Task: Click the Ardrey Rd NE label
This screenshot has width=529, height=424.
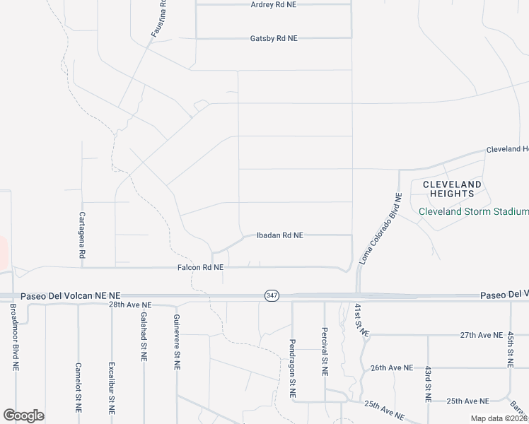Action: (x=274, y=5)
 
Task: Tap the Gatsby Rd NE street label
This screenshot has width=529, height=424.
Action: (x=274, y=39)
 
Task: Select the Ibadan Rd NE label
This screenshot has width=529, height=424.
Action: (x=279, y=235)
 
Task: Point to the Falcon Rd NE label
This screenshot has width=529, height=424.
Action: (x=200, y=268)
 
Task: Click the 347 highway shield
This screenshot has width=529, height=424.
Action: (x=272, y=295)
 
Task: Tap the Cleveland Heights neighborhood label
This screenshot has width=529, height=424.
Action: (x=452, y=189)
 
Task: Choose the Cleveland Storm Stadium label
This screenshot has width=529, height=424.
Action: (x=473, y=211)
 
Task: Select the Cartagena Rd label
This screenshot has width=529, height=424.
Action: (x=82, y=234)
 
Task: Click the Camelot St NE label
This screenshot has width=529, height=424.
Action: (x=79, y=388)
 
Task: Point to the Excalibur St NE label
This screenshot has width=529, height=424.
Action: (x=111, y=388)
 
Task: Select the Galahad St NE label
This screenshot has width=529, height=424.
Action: (x=144, y=337)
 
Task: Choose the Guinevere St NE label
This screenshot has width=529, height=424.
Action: (x=177, y=343)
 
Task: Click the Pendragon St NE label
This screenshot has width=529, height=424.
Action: (x=292, y=367)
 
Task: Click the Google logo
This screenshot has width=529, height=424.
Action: (x=23, y=416)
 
